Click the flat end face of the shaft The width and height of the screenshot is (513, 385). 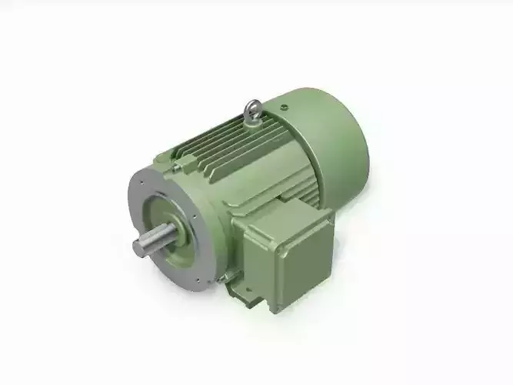(140, 247)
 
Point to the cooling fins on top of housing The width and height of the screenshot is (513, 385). (219, 146)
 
